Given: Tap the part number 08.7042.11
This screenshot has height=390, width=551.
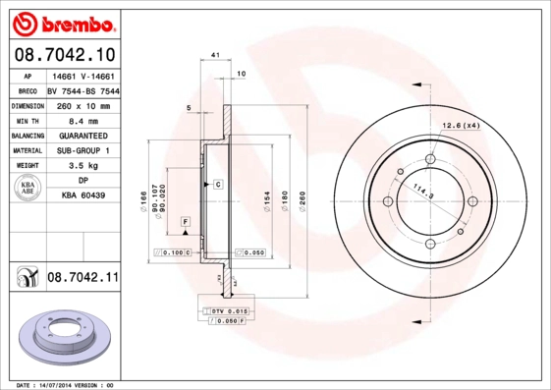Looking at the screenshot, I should tap(83, 279).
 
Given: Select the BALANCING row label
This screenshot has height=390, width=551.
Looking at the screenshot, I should tap(25, 136).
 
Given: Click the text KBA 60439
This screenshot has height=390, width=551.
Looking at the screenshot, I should tap(83, 196).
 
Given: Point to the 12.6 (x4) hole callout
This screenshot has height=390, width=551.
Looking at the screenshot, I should tap(460, 126).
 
